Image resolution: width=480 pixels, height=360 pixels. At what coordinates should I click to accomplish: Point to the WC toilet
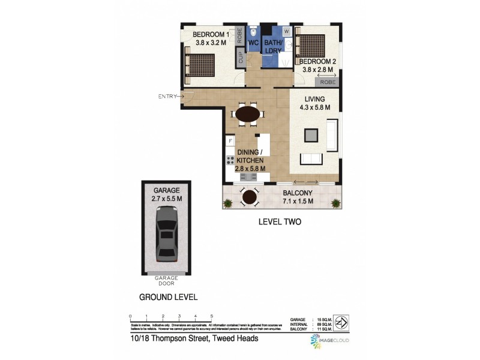click(x=253, y=31)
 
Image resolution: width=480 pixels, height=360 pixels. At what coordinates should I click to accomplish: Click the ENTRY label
click(x=167, y=96)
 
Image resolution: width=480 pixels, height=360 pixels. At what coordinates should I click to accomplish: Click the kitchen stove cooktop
click(x=230, y=160)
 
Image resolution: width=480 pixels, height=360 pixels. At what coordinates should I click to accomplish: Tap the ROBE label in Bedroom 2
click(x=326, y=82)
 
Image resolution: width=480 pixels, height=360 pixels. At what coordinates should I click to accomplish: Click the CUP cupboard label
click(x=241, y=58)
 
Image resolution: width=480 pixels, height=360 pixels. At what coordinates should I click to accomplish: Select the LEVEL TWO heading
click(x=279, y=221)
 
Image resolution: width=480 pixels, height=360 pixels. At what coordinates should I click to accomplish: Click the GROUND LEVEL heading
click(x=168, y=297)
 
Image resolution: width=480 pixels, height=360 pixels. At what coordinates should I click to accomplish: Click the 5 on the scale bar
click(x=211, y=315)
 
